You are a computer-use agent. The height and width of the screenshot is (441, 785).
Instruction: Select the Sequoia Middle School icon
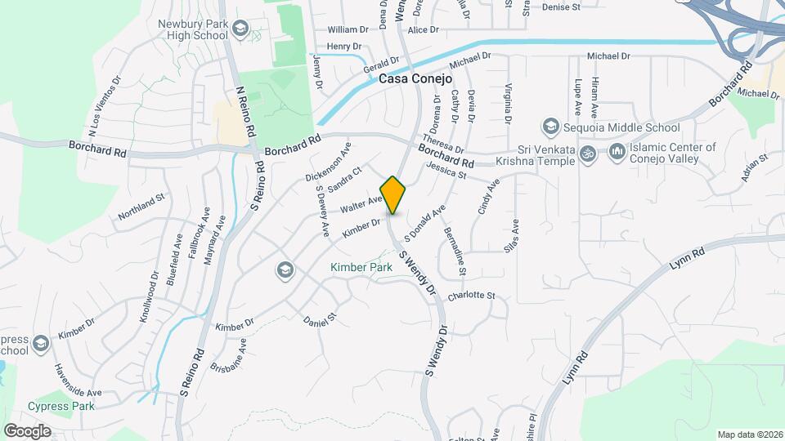click(x=551, y=127)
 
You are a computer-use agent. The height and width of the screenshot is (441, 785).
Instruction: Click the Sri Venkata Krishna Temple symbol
click(x=585, y=154)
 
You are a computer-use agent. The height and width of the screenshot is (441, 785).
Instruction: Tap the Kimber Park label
click(x=361, y=267)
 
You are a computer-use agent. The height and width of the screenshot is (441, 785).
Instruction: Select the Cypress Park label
click(x=61, y=406)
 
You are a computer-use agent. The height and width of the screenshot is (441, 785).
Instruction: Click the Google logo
click(x=27, y=430)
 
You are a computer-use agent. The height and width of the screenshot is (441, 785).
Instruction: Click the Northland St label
click(x=141, y=207)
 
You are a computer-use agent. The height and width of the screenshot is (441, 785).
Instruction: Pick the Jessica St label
click(x=446, y=170)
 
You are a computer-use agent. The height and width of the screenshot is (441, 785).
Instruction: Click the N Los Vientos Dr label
click(x=104, y=106)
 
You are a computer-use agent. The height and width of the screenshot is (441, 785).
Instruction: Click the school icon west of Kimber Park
click(x=285, y=269)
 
